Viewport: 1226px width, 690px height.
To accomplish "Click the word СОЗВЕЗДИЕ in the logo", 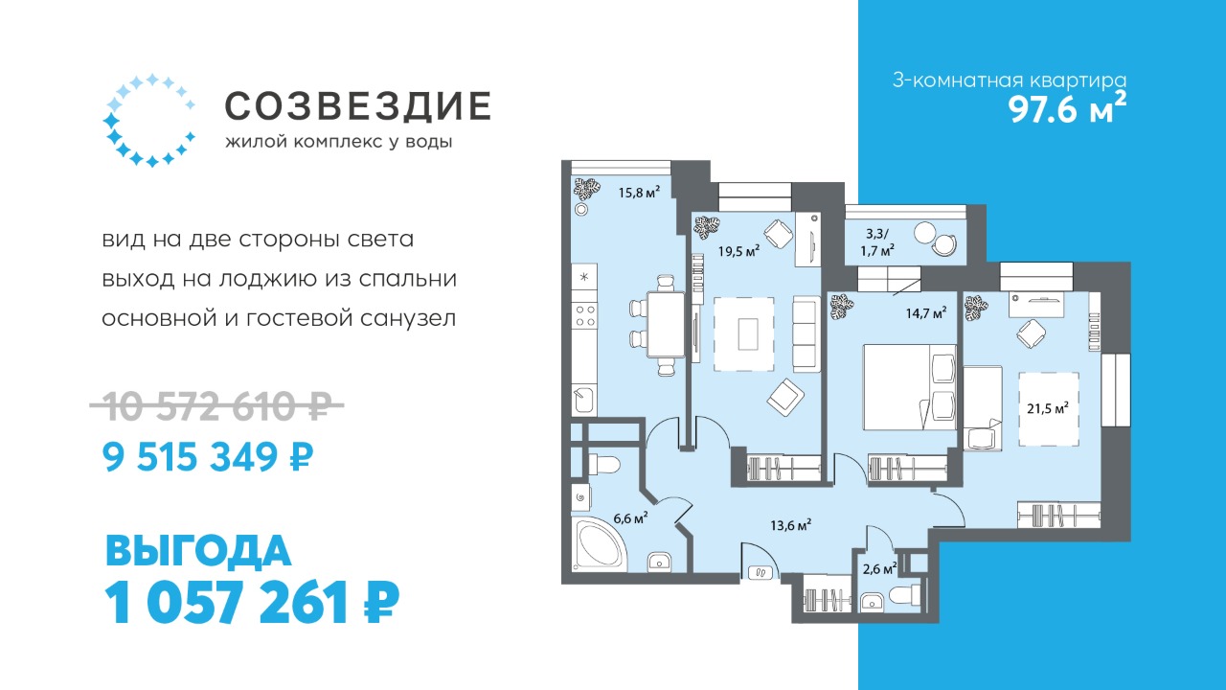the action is [x=357, y=105].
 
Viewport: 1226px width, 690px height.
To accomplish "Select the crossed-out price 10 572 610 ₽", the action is [x=216, y=405].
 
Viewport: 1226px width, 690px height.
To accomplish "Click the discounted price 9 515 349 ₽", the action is [x=208, y=457].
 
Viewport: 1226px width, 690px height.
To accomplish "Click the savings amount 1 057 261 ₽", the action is [x=252, y=603].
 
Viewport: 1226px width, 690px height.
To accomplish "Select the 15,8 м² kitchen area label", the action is [x=639, y=193].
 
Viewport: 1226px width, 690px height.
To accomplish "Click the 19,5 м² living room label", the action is [x=738, y=251].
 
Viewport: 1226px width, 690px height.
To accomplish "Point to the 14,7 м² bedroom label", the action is [x=926, y=313].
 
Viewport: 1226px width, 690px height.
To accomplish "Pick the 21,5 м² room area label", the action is [x=1048, y=408].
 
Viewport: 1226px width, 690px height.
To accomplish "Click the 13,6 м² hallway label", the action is [x=790, y=525].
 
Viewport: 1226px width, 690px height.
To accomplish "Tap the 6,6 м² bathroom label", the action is [x=631, y=518].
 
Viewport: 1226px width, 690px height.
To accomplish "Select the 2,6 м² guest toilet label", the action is [x=879, y=569].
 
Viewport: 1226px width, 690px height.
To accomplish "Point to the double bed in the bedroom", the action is [x=910, y=386].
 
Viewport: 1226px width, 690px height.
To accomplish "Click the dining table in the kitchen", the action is [x=666, y=324].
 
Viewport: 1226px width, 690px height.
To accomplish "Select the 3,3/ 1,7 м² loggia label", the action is [x=879, y=242].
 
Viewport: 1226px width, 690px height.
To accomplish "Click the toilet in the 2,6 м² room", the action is [x=906, y=595].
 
